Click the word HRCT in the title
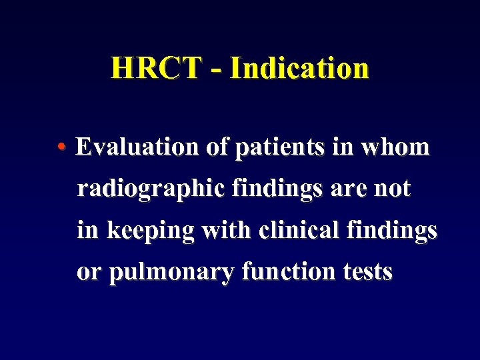[155, 68]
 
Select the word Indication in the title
[299, 68]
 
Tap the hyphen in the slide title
[215, 69]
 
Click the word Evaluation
[138, 147]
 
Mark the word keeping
[151, 231]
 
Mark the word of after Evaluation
[216, 147]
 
